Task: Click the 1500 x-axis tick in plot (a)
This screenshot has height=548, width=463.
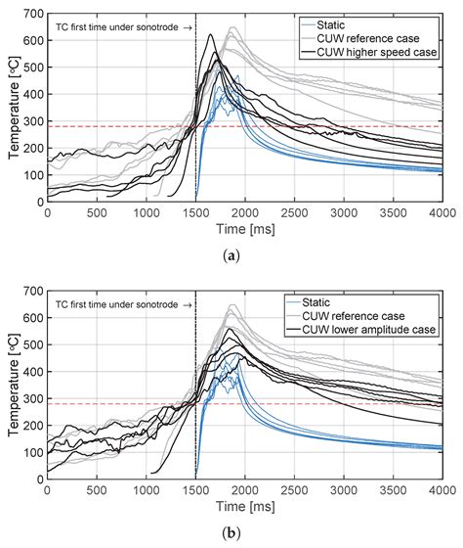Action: point(196,210)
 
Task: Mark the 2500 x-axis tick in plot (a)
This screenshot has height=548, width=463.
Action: point(295,210)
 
